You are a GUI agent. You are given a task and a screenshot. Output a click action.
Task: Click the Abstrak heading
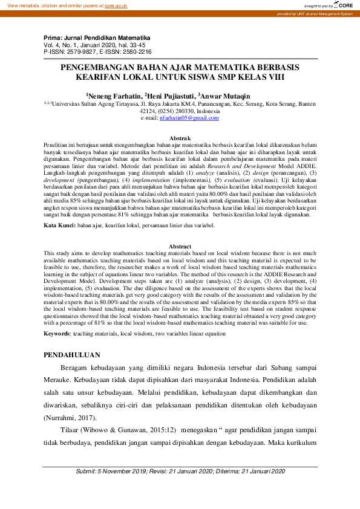(x=180, y=139)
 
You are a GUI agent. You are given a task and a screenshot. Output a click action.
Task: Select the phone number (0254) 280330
(x=175, y=111)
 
